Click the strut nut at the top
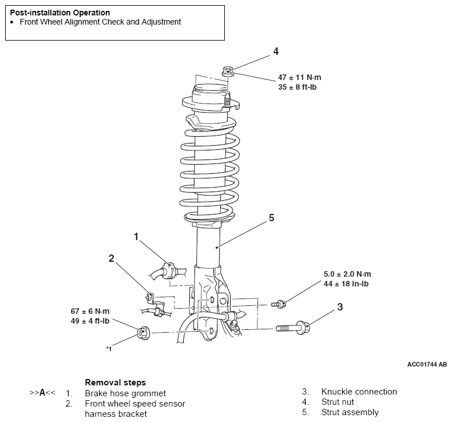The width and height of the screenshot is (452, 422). [x=228, y=71]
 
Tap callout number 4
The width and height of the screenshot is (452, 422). [x=276, y=51]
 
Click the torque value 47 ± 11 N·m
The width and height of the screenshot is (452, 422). [x=299, y=77]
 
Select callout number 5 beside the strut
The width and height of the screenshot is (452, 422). [x=271, y=218]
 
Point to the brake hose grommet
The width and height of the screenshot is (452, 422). [x=168, y=270]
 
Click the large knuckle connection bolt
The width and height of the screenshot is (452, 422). [x=293, y=328]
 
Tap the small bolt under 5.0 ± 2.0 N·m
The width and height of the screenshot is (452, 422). [x=279, y=304]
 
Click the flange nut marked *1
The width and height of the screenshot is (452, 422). [x=143, y=333]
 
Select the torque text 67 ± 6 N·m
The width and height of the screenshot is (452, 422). [x=90, y=311]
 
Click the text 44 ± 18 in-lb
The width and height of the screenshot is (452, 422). [x=346, y=284]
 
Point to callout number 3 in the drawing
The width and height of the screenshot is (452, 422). [x=340, y=306]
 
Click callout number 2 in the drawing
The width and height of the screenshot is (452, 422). [x=111, y=258]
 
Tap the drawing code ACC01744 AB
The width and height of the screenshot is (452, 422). [x=427, y=364]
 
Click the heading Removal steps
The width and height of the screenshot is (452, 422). [x=116, y=382]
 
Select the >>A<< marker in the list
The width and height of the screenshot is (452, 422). [x=42, y=392]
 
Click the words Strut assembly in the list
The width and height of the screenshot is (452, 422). [x=350, y=412]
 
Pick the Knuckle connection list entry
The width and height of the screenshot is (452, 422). [x=359, y=392]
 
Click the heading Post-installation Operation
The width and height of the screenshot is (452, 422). [x=60, y=13]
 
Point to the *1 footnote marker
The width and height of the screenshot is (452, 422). [x=109, y=349]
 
